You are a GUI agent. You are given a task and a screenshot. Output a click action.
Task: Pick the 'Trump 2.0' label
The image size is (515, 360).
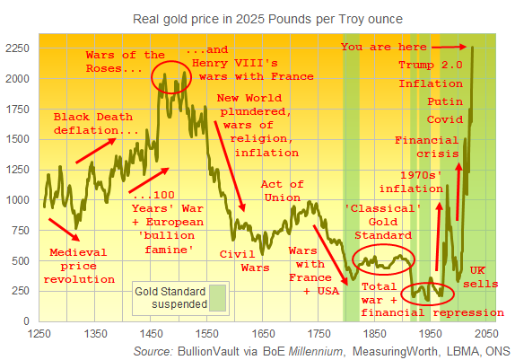click(x=433, y=65)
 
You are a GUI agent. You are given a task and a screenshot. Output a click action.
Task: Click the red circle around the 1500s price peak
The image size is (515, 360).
click(x=170, y=77)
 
